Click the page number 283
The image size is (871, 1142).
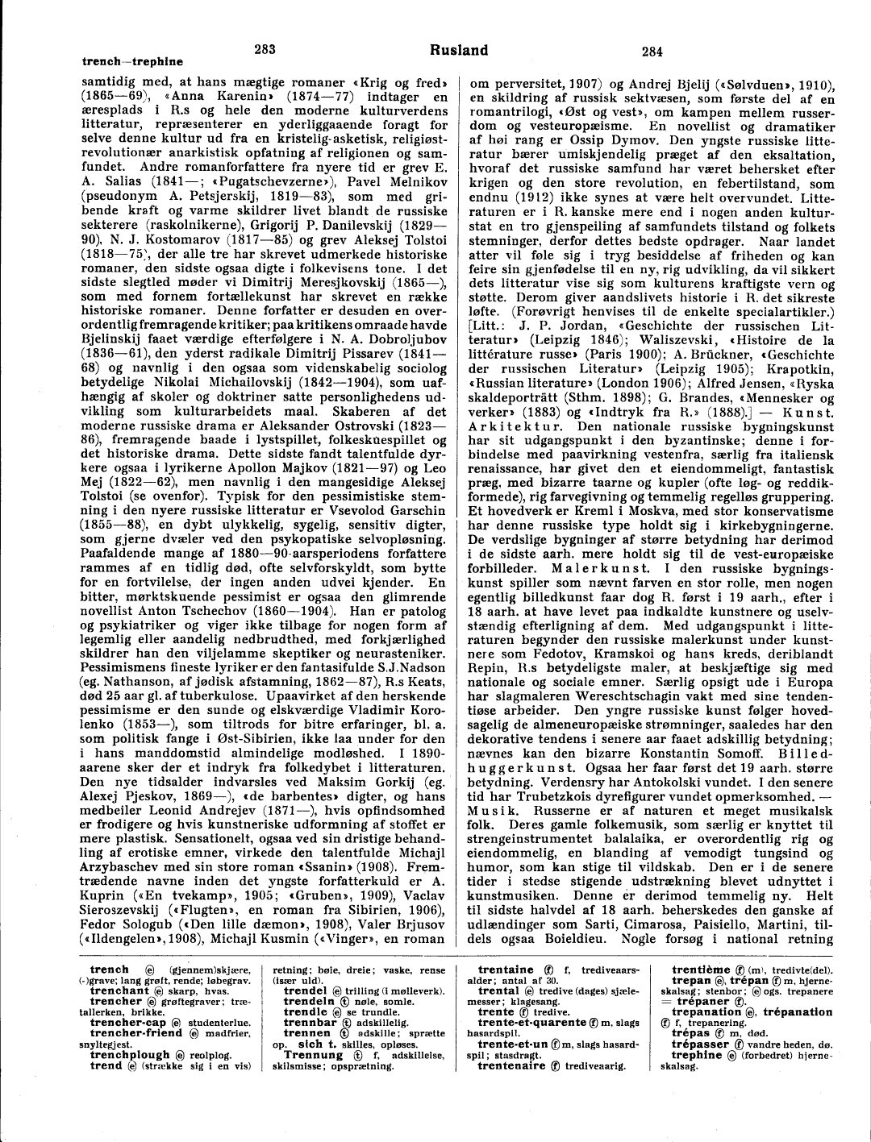pyautogui.click(x=265, y=49)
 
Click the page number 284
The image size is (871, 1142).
pyautogui.click(x=652, y=52)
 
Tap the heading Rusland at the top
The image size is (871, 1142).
pyautogui.click(x=459, y=50)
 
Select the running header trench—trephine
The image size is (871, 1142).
pyautogui.click(x=132, y=62)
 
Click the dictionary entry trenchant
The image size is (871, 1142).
pyautogui.click(x=119, y=990)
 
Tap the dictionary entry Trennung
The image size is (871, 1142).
pyautogui.click(x=313, y=1054)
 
